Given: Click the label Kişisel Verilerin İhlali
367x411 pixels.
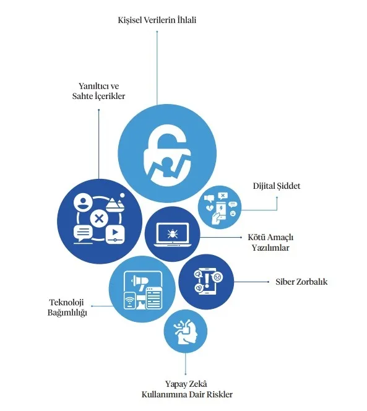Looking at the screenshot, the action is click(x=157, y=20).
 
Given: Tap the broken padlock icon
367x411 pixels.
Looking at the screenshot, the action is click(x=168, y=157).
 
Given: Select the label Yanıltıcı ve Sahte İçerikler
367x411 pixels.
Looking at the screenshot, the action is click(x=98, y=91).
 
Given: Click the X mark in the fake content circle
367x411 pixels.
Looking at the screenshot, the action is click(x=99, y=218).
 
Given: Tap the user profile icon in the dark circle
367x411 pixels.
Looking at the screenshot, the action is click(x=83, y=202).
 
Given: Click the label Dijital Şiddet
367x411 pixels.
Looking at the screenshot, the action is click(x=277, y=186).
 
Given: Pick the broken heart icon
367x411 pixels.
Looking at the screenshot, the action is click(x=210, y=209).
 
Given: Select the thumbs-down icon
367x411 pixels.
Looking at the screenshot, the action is click(x=209, y=198).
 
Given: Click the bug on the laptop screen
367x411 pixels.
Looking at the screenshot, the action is click(x=173, y=233).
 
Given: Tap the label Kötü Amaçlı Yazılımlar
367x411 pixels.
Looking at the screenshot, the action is click(x=270, y=243).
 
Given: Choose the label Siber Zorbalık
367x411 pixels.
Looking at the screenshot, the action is click(x=301, y=282).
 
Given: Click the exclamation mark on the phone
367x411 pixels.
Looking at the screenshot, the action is click(x=207, y=280).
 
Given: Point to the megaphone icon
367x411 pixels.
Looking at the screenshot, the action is click(x=139, y=281).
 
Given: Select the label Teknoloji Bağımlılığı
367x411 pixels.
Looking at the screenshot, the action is click(x=67, y=307).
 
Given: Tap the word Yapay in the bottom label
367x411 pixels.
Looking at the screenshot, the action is click(x=175, y=384).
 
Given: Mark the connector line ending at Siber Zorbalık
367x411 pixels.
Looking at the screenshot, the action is click(x=251, y=282).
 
